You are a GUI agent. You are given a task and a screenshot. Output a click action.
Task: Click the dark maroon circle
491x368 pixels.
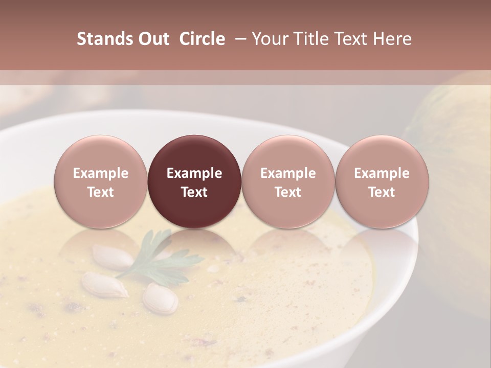click(194, 181)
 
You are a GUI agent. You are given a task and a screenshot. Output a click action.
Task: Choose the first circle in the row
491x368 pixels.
click(101, 181)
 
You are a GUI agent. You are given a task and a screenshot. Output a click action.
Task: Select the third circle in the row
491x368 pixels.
click(288, 181)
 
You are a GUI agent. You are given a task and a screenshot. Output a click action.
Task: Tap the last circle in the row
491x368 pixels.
click(382, 181)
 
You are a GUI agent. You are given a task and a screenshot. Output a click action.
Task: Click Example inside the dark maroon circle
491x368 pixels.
click(194, 173)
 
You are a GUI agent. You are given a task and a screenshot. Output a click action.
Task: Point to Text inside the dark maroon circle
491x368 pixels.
click(194, 192)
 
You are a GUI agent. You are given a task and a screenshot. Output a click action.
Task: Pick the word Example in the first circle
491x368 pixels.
click(101, 173)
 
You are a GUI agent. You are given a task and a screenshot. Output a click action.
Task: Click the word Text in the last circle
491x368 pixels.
click(382, 192)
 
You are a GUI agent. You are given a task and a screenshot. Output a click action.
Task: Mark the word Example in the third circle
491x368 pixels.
click(288, 173)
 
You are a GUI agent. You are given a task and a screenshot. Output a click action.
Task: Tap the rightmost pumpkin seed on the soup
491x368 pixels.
click(160, 298)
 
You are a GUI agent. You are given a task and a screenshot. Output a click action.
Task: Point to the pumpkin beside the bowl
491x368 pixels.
click(455, 169)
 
